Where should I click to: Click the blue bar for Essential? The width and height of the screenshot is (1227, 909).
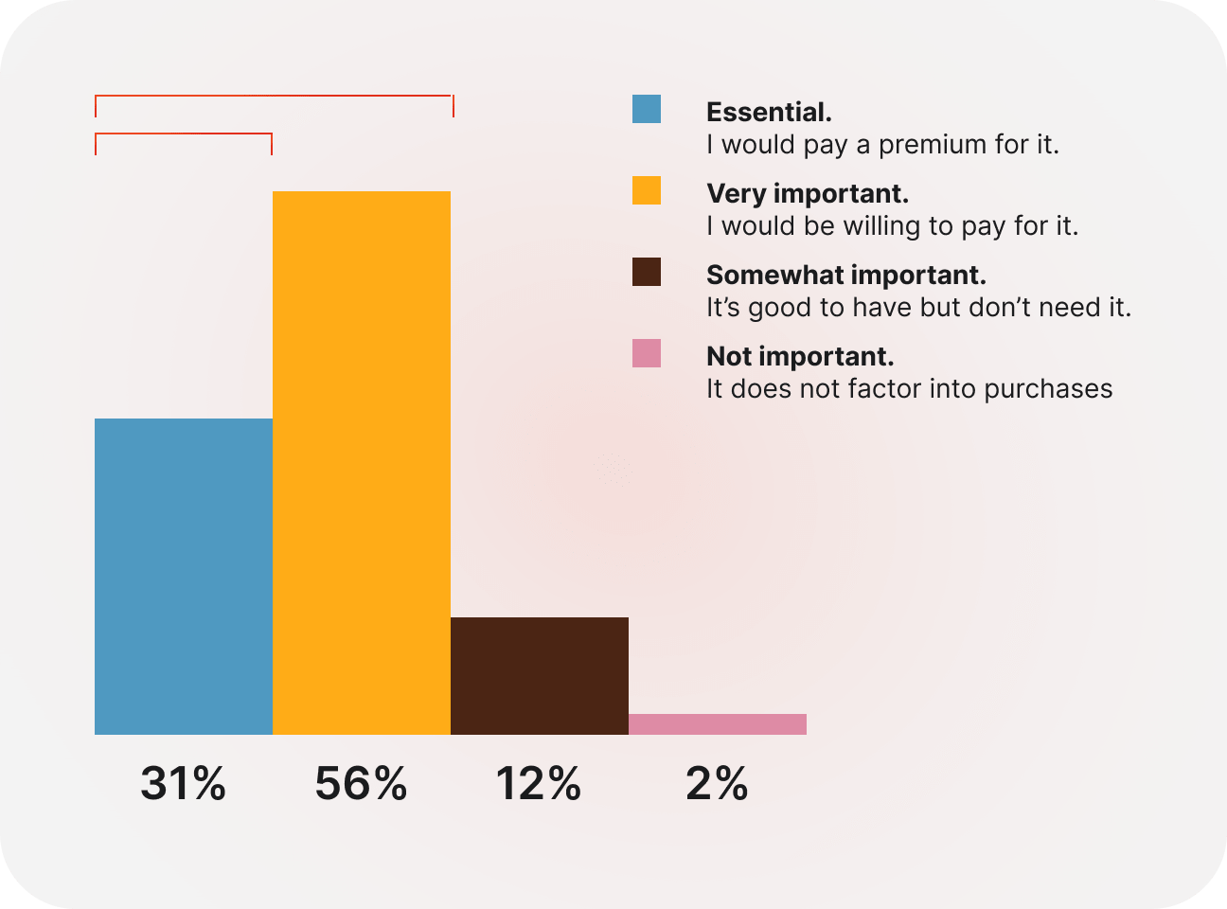click(184, 576)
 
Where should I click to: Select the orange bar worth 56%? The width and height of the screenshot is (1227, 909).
click(362, 462)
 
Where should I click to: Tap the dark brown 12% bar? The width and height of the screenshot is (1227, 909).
click(540, 675)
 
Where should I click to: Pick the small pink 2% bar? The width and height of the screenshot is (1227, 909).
click(718, 724)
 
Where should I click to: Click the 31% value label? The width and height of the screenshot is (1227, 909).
click(184, 784)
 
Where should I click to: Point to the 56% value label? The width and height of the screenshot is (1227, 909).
click(362, 784)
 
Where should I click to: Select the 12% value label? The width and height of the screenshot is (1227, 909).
click(538, 784)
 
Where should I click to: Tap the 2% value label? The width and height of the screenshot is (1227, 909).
click(718, 784)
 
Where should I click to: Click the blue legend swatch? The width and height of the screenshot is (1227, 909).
click(647, 110)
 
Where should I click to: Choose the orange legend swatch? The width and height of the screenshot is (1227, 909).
click(647, 191)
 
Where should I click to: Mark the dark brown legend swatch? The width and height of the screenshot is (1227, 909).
click(647, 273)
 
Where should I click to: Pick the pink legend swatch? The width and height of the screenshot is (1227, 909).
click(647, 354)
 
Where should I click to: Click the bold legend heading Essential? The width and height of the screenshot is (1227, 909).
click(769, 112)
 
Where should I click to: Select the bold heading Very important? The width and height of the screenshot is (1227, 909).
click(808, 193)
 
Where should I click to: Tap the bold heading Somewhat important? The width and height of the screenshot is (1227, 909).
click(846, 275)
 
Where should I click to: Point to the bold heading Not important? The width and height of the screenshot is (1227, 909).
click(800, 356)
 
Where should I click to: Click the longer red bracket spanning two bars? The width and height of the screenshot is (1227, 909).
click(275, 96)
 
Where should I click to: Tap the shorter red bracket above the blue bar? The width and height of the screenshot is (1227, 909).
click(184, 134)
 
